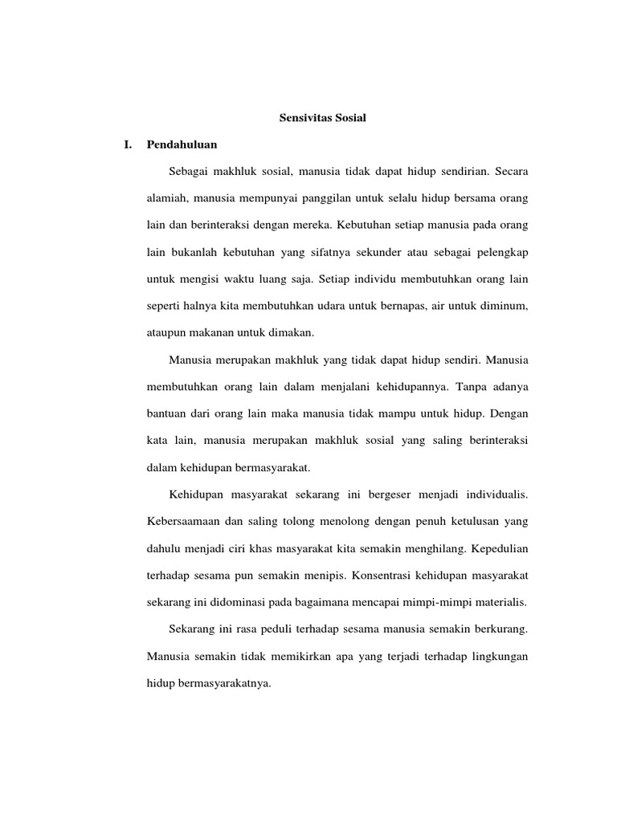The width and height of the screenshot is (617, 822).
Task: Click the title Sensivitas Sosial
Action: [322, 118]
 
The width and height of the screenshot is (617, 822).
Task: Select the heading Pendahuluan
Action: [182, 145]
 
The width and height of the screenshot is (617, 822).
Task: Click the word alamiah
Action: [167, 198]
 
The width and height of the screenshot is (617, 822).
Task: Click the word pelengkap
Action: [501, 251]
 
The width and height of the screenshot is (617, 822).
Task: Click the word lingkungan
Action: [496, 656]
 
